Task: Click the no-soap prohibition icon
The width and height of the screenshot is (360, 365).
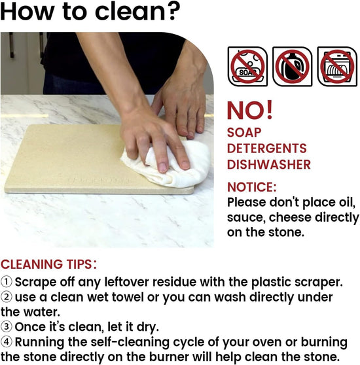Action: (x=247, y=67)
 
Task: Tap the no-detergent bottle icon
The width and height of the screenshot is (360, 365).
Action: (x=292, y=67)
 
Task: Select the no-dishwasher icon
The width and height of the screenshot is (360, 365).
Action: (x=337, y=67)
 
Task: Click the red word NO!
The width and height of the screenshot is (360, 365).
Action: (x=249, y=111)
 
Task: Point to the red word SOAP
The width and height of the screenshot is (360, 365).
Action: (x=244, y=132)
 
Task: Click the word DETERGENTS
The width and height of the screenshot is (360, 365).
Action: (x=267, y=148)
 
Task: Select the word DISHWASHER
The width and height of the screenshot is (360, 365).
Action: (x=269, y=164)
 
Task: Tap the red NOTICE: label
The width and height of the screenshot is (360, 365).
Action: (x=252, y=187)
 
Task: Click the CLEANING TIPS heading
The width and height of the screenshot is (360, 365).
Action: (x=48, y=264)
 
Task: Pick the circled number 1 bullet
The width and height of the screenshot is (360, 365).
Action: (x=7, y=282)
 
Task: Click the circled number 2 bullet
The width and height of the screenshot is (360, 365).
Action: (x=7, y=297)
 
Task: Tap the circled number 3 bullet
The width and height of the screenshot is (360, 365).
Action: (x=7, y=326)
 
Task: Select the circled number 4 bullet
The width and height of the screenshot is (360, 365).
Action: (x=7, y=341)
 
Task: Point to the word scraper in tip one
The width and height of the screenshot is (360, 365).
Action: (x=319, y=282)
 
